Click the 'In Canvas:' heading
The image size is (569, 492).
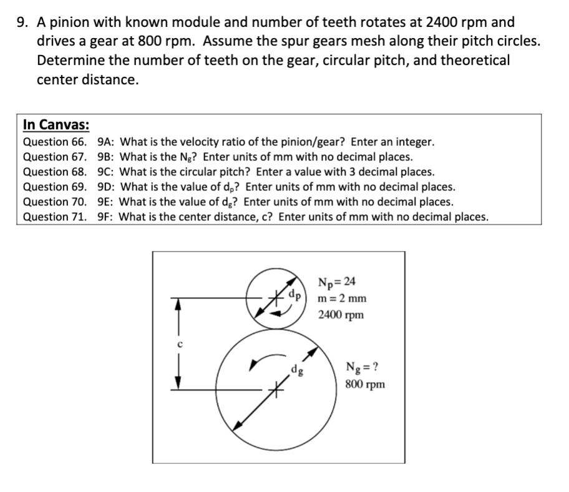pos(56,125)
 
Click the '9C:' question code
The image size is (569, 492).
pos(107,172)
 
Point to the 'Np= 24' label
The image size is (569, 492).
pos(336,281)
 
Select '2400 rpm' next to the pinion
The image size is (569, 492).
pos(340,315)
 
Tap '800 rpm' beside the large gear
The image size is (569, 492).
pos(364,384)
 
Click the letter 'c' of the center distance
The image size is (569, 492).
pos(178,345)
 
